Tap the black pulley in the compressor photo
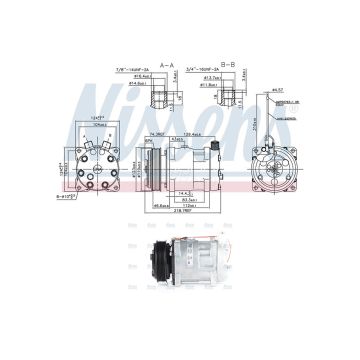pos(151,270)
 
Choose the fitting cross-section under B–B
pos(228,98)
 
